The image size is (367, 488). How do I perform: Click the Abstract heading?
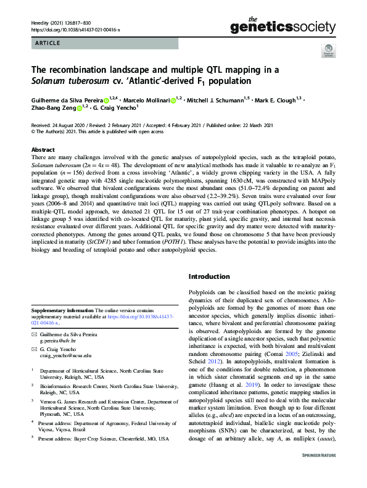click(x=43, y=149)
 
